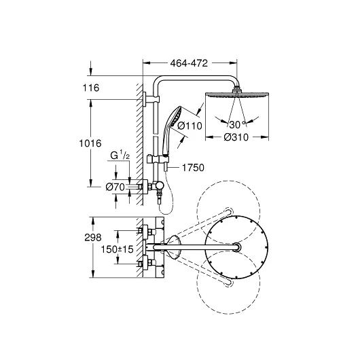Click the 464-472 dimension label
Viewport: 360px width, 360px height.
189,63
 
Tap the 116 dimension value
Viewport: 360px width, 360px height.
91,88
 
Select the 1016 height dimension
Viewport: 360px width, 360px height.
90,143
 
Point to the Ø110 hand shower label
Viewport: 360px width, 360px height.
190,126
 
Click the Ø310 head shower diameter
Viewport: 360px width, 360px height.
236,137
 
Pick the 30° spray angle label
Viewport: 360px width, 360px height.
237,125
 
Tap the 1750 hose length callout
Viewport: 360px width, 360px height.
193,168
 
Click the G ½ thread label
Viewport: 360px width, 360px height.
120,156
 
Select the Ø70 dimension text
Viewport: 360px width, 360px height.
115,187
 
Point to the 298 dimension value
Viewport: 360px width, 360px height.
93,238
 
